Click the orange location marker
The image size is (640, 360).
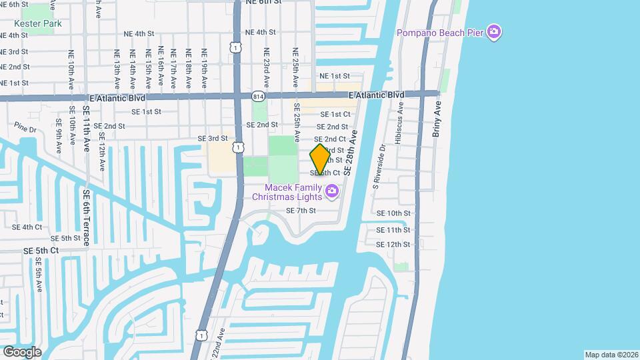coord(320,159)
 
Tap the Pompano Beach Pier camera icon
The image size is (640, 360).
coord(494,32)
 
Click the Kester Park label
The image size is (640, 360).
coord(39,23)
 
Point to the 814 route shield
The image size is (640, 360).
coord(258,97)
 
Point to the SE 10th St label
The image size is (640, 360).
coord(393,213)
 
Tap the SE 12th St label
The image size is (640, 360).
coord(393,245)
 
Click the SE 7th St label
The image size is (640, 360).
coord(301,211)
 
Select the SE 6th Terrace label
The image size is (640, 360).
coord(87,217)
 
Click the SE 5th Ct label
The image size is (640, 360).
coord(41,251)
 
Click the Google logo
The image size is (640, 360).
coord(22,351)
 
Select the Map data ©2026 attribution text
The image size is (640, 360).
coord(611,355)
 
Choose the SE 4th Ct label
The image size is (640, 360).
coord(27,227)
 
